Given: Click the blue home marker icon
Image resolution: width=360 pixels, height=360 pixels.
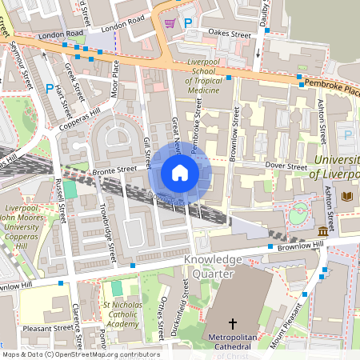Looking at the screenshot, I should [179, 173].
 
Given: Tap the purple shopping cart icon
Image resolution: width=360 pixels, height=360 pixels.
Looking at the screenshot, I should [170, 23].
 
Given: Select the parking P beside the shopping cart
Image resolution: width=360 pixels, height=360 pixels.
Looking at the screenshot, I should [189, 24].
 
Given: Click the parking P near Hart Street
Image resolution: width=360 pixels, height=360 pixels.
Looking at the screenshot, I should [50, 89].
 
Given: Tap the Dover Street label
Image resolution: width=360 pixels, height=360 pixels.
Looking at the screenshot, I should [286, 167].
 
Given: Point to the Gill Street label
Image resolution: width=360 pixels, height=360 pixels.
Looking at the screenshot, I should [147, 151].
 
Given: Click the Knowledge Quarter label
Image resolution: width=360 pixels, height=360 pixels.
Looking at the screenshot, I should [212, 266].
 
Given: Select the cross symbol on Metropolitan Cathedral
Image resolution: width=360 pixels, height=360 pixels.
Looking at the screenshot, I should [234, 324].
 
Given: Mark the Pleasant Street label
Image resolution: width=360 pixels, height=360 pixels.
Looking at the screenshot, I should [47, 328].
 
